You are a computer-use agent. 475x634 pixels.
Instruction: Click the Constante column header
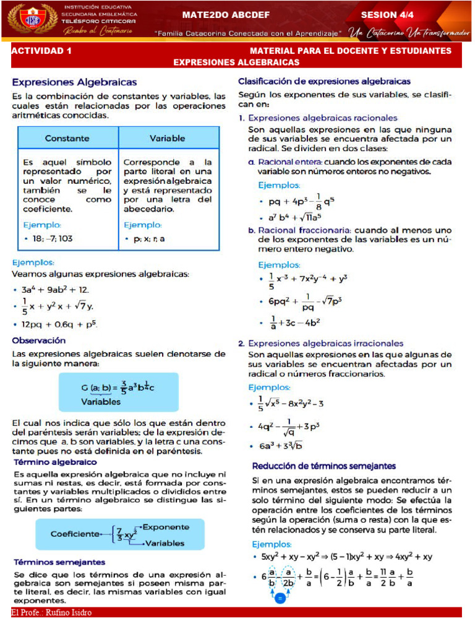[67, 138]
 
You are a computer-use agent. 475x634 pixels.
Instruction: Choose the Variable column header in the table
[168, 138]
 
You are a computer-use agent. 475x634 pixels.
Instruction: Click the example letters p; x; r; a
[148, 238]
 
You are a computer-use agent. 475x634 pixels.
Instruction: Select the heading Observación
[38, 341]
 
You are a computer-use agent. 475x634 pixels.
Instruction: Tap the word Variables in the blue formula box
[101, 401]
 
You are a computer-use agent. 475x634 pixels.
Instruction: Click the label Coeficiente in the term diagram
[75, 533]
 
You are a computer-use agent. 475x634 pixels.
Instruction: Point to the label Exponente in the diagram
[166, 527]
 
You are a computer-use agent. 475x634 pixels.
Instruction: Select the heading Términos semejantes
[59, 562]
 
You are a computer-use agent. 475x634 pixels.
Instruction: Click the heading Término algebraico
[54, 462]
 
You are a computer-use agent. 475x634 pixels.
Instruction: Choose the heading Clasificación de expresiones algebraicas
[324, 81]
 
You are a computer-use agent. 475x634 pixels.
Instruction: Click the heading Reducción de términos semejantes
[324, 466]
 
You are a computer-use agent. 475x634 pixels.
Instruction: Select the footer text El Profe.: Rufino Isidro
[51, 613]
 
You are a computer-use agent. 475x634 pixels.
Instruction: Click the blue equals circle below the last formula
[280, 599]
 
